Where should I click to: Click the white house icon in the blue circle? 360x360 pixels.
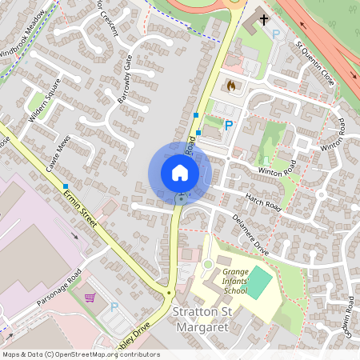[180, 172]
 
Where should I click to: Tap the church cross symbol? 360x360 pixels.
[262, 19]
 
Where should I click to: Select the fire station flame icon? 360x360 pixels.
[232, 85]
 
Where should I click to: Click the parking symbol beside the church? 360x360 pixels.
[277, 34]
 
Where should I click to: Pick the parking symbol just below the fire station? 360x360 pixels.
[229, 126]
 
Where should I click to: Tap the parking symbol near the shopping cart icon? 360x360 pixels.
[114, 306]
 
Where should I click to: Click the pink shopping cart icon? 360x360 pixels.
[90, 298]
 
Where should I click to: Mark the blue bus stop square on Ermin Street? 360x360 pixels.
[66, 186]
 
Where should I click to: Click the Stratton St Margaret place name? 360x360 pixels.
[201, 318]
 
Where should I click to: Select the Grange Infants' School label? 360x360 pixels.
[238, 281]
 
